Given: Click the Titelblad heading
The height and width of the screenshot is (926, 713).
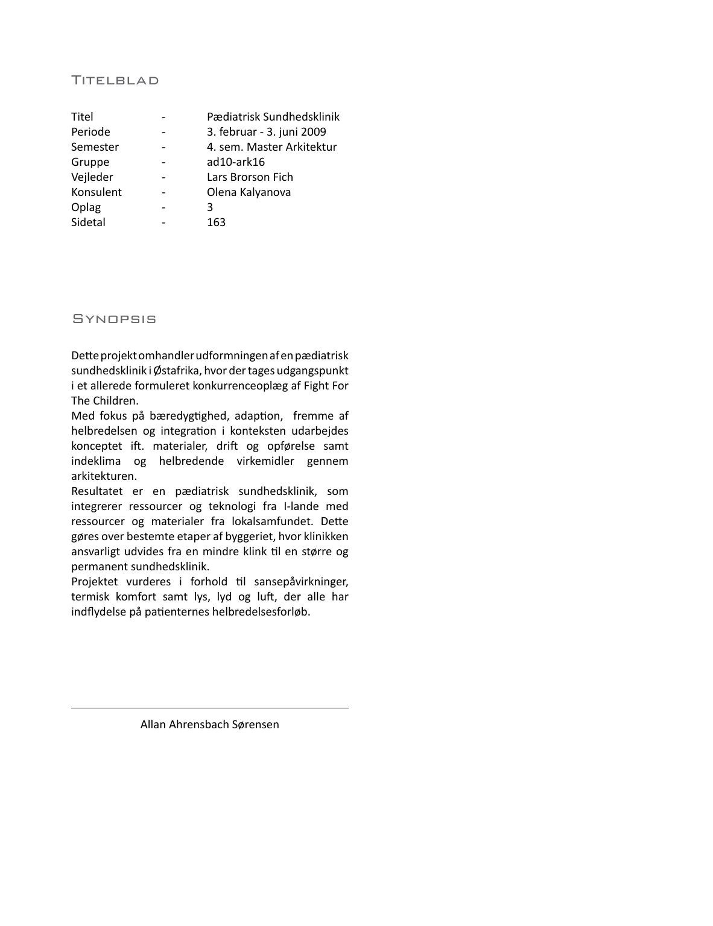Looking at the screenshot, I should point(115,80).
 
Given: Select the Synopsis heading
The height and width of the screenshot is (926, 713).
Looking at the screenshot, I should point(114,318).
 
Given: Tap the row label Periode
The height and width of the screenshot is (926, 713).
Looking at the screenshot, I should point(90,132).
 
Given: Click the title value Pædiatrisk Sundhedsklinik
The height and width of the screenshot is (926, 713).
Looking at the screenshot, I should point(273,117).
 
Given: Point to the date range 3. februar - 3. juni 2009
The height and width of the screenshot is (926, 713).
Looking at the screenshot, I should point(266,132).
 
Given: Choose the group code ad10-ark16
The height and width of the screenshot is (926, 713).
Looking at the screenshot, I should point(235,162).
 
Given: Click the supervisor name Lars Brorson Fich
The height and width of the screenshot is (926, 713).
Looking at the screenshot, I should point(250,177).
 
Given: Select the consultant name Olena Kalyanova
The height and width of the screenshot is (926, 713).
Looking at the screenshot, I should point(249,192).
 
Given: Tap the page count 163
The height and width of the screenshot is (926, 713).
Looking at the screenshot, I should point(216,222).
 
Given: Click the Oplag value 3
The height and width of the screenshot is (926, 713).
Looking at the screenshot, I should point(210,207).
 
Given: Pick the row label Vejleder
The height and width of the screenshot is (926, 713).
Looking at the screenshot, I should point(92,177).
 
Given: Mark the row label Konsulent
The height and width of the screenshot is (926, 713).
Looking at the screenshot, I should point(96,192).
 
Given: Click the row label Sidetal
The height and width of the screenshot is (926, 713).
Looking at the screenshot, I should point(88,222).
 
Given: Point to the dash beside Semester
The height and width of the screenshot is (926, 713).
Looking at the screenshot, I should point(163,147).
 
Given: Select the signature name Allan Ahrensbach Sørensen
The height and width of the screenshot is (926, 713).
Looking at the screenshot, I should point(209,725).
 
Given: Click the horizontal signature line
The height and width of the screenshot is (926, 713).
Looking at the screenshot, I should point(209,708).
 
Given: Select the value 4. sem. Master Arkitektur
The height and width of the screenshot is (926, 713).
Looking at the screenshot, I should point(271,147).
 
